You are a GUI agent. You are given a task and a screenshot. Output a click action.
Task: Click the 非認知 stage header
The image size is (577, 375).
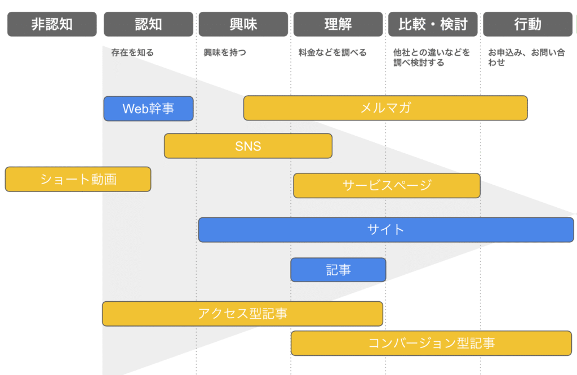[52, 24]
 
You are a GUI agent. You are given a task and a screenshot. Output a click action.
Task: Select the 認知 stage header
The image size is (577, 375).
[148, 24]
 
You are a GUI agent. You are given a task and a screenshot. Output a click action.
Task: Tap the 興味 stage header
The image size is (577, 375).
[243, 24]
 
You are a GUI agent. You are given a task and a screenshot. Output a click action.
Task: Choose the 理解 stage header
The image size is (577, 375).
[338, 24]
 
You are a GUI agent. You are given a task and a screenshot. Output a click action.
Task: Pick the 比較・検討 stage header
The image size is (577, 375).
[433, 24]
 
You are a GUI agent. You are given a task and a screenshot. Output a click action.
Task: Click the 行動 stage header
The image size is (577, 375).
[527, 24]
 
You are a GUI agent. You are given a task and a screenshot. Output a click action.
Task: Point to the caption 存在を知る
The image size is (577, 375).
[132, 52]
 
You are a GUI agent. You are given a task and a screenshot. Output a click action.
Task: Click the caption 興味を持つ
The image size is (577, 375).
[225, 52]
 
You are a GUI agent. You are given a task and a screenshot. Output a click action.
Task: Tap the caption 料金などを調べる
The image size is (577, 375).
[332, 52]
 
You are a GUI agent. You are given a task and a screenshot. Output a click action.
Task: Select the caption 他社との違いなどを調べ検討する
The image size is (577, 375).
[431, 57]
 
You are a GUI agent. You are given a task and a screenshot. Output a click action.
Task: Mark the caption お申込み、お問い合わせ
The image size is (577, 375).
[526, 57]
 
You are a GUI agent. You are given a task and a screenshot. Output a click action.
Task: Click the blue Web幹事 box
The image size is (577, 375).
[148, 109]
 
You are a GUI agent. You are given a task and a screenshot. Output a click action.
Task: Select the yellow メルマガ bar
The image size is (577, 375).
[385, 108]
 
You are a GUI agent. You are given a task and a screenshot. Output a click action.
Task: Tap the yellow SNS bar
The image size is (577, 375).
[248, 146]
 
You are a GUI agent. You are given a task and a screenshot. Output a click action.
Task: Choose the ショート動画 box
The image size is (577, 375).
[78, 180]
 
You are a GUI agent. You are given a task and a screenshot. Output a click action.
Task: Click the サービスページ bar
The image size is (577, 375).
[387, 186]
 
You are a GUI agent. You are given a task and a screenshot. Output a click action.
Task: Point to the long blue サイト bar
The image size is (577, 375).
[386, 230]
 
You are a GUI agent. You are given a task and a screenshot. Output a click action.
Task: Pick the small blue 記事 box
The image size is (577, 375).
[338, 270]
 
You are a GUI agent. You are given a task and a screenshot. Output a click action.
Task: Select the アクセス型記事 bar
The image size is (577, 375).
[242, 314]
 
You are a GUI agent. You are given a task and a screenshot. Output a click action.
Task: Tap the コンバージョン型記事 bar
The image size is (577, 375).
[431, 343]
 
